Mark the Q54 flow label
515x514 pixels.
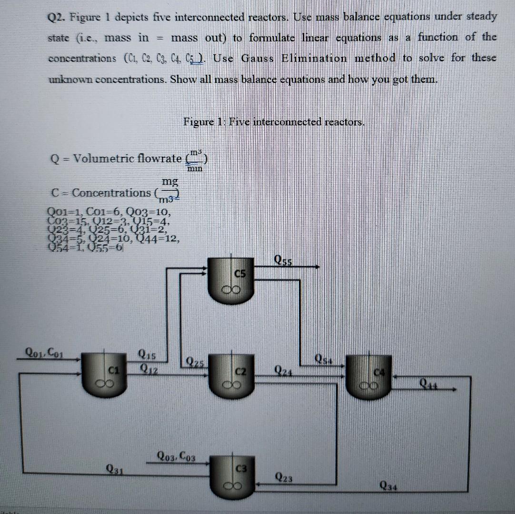pos(325,358)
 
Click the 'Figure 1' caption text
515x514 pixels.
pos(274,122)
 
